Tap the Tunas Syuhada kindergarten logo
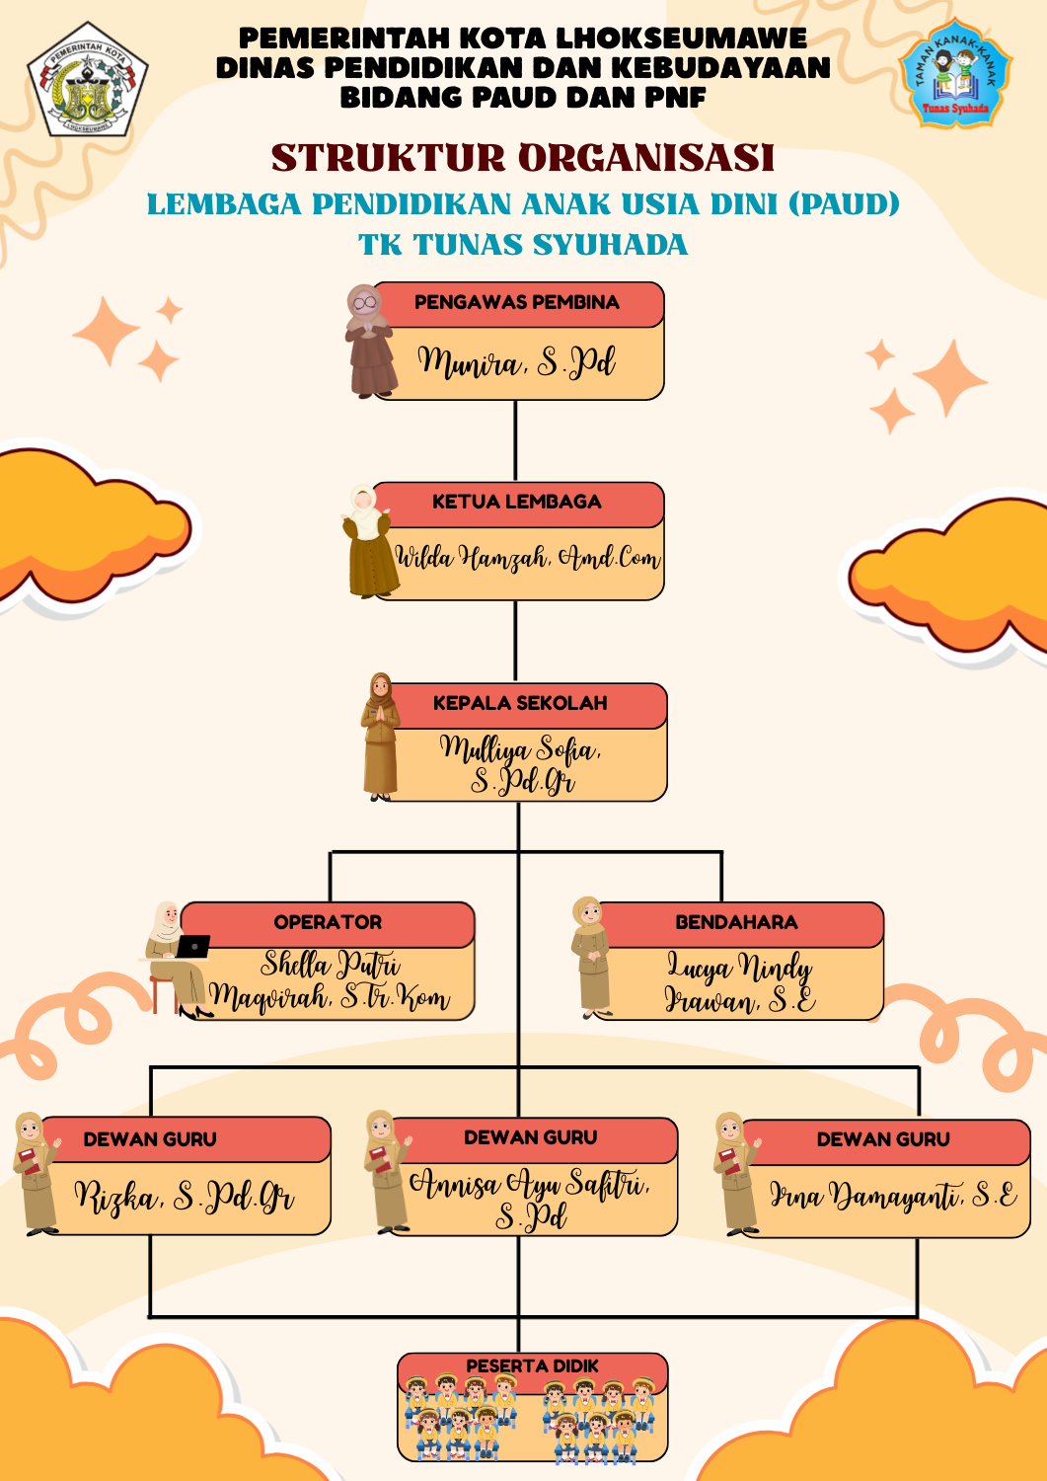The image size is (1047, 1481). point(954,74)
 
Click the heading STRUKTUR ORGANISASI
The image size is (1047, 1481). point(523,158)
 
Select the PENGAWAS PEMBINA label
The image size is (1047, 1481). point(516,303)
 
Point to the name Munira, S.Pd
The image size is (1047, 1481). point(516,362)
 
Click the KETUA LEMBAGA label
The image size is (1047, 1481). point(516,503)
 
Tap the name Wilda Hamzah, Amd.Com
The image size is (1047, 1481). point(527,559)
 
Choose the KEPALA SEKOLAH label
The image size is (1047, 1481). point(520,704)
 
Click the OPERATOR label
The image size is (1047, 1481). point(328,923)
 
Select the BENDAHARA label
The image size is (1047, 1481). point(736,923)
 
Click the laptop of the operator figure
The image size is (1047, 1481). point(191,947)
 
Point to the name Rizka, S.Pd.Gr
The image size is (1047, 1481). point(185,1198)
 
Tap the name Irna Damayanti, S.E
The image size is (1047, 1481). point(893,1197)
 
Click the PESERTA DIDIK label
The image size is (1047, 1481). point(532,1366)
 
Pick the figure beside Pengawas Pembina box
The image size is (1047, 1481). point(369,341)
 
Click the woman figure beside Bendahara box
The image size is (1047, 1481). point(591,957)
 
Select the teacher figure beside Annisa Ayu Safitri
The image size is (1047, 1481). point(386,1173)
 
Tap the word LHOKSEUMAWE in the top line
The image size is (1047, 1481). point(681,39)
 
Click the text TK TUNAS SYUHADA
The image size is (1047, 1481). point(523,245)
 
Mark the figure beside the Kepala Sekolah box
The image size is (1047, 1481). point(381,737)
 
